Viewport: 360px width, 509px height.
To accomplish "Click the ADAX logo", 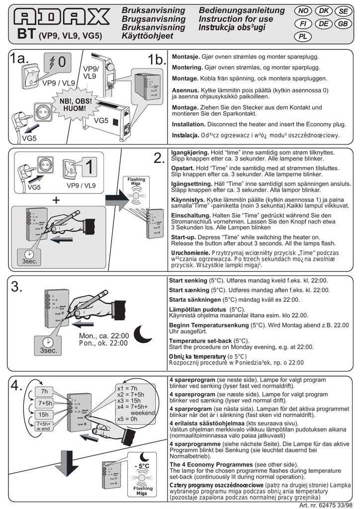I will point(62,19).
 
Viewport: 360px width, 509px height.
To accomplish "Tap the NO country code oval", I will point(304,11).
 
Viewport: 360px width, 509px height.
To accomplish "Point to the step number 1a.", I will point(19,59).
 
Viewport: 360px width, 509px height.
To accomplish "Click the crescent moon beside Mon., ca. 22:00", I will point(145,334).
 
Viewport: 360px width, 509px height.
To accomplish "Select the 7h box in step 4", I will point(44,391).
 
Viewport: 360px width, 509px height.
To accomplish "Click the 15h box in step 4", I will point(44,414).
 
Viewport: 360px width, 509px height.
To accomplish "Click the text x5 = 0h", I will point(128,419).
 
